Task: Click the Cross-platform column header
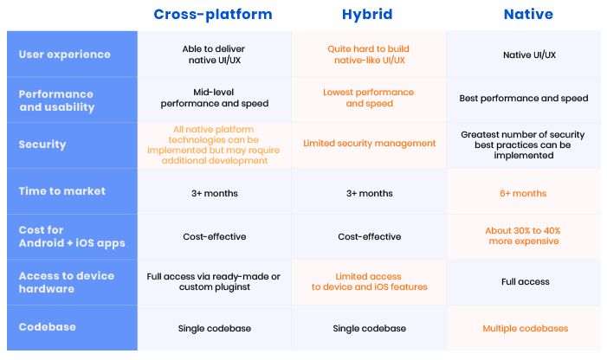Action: [x=213, y=15]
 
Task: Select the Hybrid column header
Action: [x=367, y=15]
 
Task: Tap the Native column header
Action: [x=528, y=15]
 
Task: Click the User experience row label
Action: [x=65, y=55]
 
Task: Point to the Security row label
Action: [x=42, y=145]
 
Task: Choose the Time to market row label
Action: [x=62, y=191]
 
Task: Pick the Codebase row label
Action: [x=48, y=327]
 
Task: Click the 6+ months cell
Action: [x=523, y=193]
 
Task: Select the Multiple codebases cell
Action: [x=525, y=328]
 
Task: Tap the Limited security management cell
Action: [x=370, y=144]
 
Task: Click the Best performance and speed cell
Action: [x=523, y=98]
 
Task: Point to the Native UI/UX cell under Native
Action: [x=529, y=55]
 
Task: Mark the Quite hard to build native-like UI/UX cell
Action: [x=369, y=55]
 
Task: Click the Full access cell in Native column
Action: [x=525, y=281]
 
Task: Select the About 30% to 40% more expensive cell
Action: [x=523, y=236]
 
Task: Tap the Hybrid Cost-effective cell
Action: [x=370, y=236]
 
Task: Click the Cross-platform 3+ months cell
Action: [x=215, y=193]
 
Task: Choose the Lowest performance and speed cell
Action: [x=369, y=98]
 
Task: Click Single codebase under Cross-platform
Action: [x=215, y=328]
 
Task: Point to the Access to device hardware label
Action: [x=66, y=282]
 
